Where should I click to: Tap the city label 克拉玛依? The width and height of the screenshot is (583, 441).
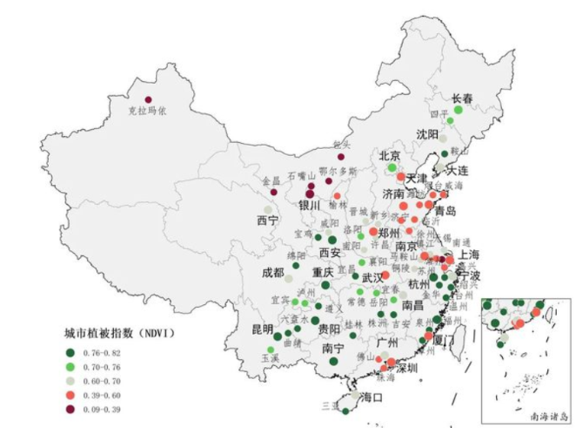click(148, 112)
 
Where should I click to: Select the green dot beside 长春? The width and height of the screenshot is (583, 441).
click(458, 110)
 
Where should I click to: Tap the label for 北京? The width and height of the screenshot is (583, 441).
click(389, 155)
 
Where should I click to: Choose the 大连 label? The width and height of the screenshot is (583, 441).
click(457, 170)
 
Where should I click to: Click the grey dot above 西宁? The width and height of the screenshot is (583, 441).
click(267, 209)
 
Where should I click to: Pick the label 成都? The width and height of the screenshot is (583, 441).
click(272, 272)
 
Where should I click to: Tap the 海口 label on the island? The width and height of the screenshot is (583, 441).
click(372, 397)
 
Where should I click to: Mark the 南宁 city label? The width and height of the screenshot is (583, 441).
click(332, 349)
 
